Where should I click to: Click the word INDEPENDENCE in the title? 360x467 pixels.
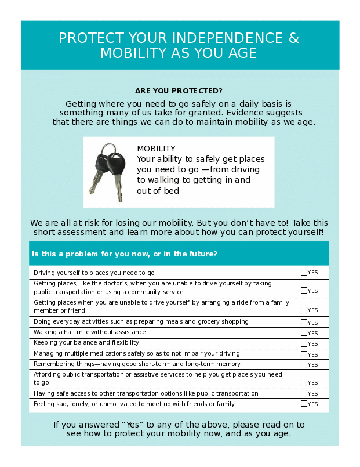point(224,38)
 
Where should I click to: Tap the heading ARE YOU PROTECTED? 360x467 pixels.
point(179,91)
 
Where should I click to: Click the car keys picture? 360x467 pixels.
point(108,172)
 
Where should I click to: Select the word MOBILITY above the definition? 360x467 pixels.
point(156,149)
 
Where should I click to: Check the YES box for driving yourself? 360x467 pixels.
point(304,272)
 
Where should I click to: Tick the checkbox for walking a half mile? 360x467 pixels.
point(304,332)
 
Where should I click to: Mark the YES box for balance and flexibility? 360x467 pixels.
point(304,343)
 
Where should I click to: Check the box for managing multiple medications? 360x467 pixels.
point(304,353)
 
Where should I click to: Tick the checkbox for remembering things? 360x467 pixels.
point(304,364)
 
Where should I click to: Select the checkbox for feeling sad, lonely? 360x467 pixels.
point(304,403)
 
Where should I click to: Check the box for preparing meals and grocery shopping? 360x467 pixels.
point(304,322)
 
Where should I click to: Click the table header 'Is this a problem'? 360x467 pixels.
point(125,254)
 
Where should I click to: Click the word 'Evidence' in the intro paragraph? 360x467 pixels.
point(245,113)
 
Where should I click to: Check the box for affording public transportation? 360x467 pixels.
point(304,382)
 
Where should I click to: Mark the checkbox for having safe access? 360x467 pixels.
point(304,393)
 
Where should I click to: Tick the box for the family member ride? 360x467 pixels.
point(304,310)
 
